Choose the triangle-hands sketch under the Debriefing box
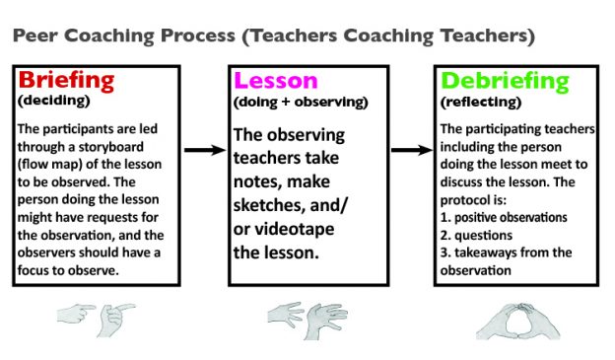tap(509, 318)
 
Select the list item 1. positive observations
tap(504, 217)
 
